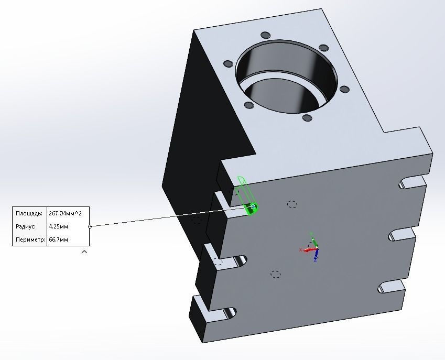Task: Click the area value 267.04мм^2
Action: (68, 213)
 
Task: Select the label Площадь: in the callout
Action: (29, 213)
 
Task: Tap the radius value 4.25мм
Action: (58, 226)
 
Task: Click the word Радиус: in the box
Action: (26, 226)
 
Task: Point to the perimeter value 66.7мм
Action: (58, 239)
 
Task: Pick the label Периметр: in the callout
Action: (29, 239)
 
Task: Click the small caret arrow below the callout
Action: (84, 252)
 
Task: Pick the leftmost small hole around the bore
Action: (228, 64)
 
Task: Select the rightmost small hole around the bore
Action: (344, 89)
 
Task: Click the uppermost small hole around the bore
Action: (265, 35)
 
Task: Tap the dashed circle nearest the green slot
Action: (292, 204)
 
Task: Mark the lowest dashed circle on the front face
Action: (276, 274)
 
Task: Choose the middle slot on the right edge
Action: (401, 235)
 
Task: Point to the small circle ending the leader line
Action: (90, 226)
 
